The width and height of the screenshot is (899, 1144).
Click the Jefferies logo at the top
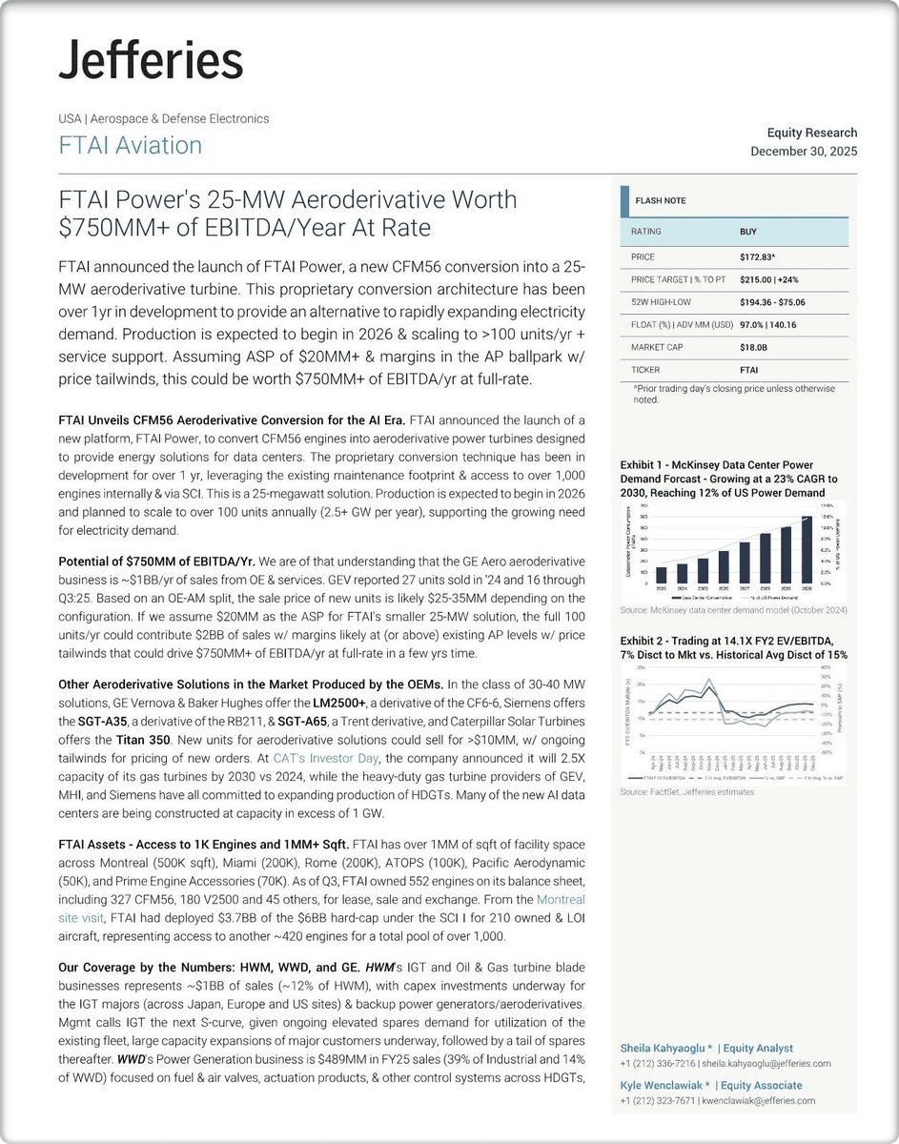coord(151,62)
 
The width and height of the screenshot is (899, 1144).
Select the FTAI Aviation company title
coord(131,146)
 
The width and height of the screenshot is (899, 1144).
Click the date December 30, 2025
coord(803,152)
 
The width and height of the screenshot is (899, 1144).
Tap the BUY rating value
coord(748,232)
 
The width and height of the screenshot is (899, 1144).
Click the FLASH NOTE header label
coord(662,201)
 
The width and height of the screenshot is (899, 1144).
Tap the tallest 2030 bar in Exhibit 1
coord(807,550)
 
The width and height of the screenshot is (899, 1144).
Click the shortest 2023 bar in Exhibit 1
coord(661,575)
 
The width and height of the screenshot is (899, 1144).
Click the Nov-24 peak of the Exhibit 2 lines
coord(707,680)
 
